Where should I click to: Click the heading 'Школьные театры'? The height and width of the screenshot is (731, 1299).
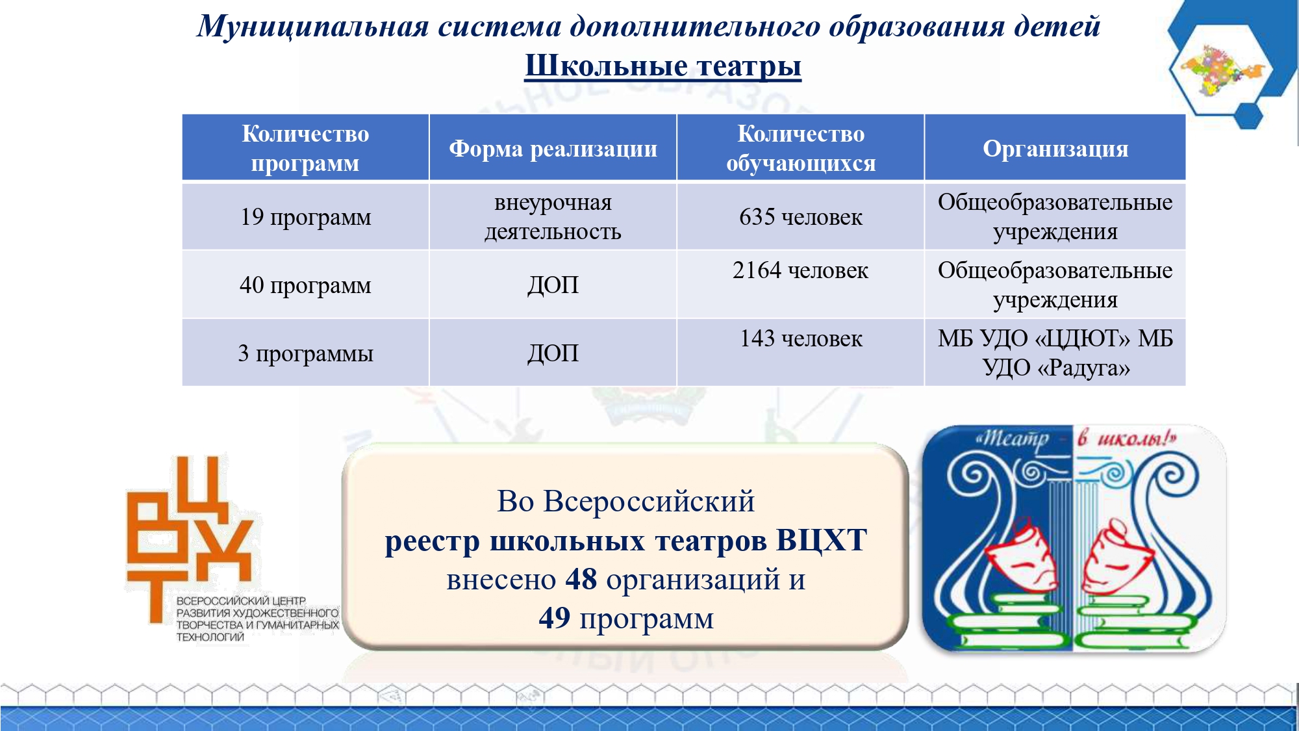coord(663,66)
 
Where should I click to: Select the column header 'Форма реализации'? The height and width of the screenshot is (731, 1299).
coord(553,149)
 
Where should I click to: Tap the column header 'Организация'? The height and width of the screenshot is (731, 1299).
coord(1055,149)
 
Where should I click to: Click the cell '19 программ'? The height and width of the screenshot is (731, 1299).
coord(305,217)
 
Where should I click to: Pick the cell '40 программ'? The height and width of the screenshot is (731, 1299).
coord(305,285)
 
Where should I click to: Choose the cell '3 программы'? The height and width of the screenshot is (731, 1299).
coord(305,353)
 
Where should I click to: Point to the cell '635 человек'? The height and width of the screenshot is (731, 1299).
coord(801,217)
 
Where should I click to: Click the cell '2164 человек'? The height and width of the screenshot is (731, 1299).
coord(800,270)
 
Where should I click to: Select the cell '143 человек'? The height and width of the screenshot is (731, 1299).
coord(801,339)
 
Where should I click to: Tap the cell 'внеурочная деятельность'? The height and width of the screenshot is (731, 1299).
coord(553,217)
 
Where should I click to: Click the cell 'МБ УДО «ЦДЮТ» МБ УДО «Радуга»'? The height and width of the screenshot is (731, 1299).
coord(1055,353)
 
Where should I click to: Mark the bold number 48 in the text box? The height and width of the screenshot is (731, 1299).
coord(581,579)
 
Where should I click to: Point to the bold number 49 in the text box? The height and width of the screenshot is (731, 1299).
coord(555,618)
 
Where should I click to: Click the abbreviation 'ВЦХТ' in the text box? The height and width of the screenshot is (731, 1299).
coord(822,541)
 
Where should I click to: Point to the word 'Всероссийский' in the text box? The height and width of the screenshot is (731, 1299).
coord(649,502)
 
